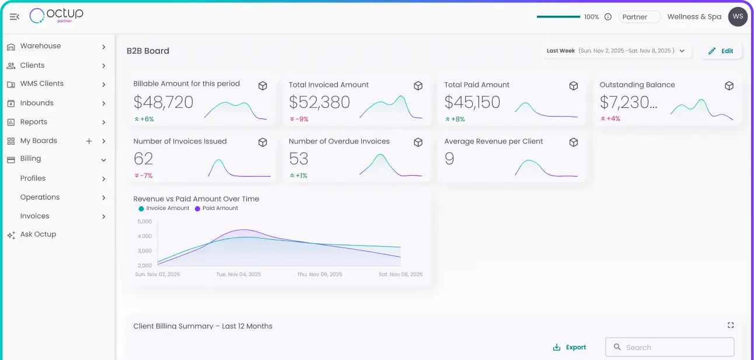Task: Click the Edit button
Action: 721,51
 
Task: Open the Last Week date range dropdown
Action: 615,51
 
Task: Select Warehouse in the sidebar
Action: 40,46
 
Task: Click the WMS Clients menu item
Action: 41,84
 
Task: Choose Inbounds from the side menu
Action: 36,103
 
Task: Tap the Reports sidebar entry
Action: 33,122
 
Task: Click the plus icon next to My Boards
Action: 89,141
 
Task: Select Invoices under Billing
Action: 34,216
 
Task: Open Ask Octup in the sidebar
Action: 38,235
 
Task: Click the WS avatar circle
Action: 738,17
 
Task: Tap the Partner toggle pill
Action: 639,17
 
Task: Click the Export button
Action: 570,347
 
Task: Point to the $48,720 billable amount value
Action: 163,103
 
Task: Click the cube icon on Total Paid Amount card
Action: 573,86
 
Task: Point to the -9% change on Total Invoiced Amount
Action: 299,119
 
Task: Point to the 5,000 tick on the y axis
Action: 144,222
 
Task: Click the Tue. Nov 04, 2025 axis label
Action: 238,274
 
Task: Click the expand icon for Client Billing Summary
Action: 730,326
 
